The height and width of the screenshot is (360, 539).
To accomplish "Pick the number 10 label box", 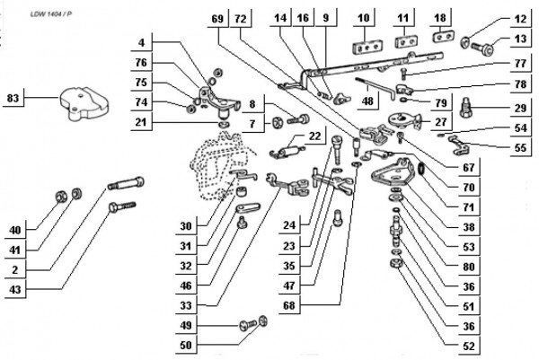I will [x=363, y=17].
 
